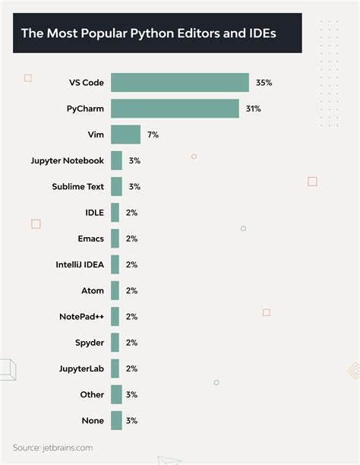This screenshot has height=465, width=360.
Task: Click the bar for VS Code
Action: (179, 83)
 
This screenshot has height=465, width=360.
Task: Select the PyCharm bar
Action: (175, 109)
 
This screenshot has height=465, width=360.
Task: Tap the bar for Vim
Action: (125, 134)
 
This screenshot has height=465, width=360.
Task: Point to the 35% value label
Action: (264, 83)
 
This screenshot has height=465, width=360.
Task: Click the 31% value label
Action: (254, 109)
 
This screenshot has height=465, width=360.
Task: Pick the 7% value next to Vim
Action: (153, 134)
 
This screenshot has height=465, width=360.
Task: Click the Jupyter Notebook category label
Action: (67, 160)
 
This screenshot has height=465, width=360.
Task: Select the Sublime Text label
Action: (77, 186)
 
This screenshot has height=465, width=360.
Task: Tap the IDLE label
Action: (94, 213)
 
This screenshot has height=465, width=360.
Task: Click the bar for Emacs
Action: (115, 239)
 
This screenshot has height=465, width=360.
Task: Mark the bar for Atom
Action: (115, 290)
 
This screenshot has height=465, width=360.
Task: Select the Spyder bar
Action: (115, 343)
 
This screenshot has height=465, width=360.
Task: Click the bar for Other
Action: (116, 394)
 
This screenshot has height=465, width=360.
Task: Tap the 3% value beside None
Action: (134, 420)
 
